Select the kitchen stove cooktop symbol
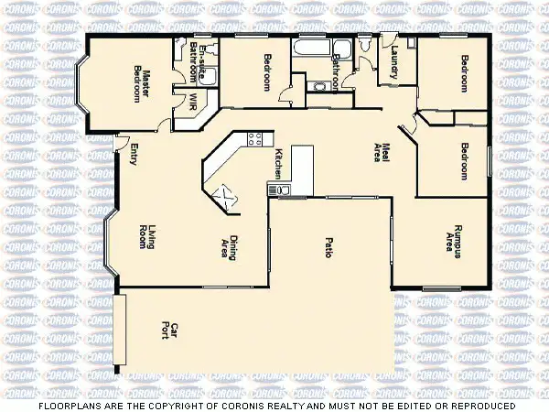point(278,190)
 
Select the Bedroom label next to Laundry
point(464,73)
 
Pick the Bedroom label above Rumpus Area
point(464,162)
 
